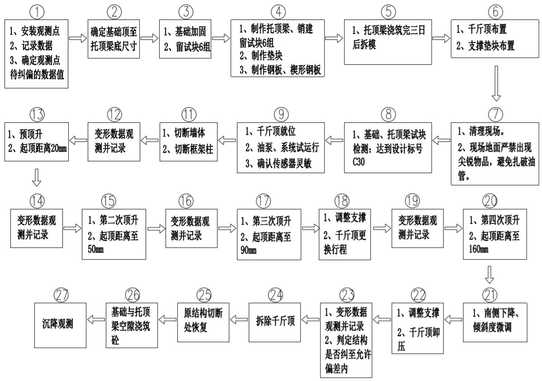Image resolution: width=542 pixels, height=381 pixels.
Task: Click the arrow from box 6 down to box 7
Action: click(x=497, y=83)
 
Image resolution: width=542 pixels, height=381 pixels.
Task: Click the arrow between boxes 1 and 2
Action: click(x=78, y=39)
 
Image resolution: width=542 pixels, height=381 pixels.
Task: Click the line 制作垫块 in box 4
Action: click(x=263, y=58)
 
